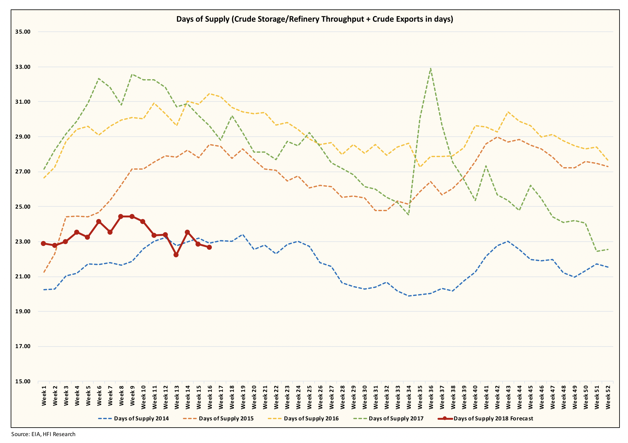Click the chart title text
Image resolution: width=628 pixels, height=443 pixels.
[x=314, y=19]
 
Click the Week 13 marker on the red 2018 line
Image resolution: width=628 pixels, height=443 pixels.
[x=176, y=255]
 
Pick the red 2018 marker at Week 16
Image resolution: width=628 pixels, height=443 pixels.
[x=209, y=247]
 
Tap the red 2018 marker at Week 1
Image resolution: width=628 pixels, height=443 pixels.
[x=44, y=243]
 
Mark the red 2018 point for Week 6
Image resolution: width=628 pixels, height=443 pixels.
[x=99, y=221]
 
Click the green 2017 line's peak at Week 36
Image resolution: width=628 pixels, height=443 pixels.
[x=430, y=68]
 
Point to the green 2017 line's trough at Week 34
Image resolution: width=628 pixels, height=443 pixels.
[x=408, y=215]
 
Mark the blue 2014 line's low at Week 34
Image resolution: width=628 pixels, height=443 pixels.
[x=408, y=296]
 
